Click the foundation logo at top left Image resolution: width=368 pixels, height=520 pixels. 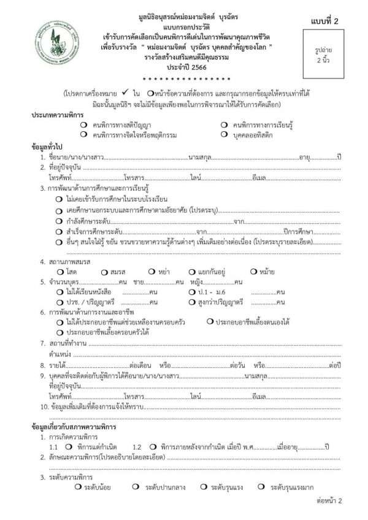57,45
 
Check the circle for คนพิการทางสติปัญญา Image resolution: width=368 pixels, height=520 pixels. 83,125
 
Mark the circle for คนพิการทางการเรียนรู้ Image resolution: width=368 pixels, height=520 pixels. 225,125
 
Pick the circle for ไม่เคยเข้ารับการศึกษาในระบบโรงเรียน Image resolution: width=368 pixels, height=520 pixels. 58,199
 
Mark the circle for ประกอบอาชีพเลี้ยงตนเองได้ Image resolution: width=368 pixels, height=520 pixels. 210,321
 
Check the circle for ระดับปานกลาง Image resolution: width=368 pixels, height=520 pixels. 135,487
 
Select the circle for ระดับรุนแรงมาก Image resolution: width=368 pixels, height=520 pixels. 261,487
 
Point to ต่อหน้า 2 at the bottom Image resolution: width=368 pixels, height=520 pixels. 329,500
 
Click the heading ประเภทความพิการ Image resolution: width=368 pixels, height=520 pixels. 58,115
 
